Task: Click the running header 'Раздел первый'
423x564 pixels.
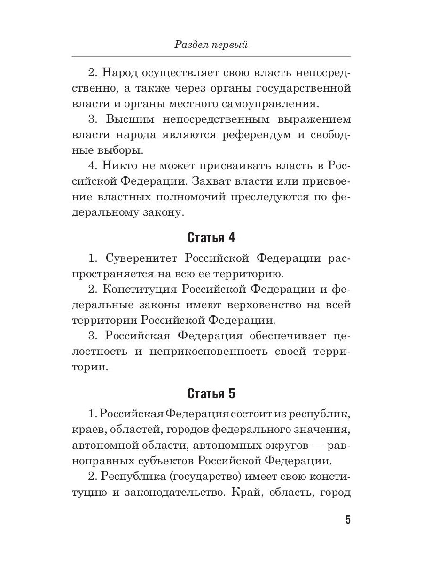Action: click(211, 45)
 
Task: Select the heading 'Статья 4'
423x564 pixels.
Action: click(211, 237)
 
